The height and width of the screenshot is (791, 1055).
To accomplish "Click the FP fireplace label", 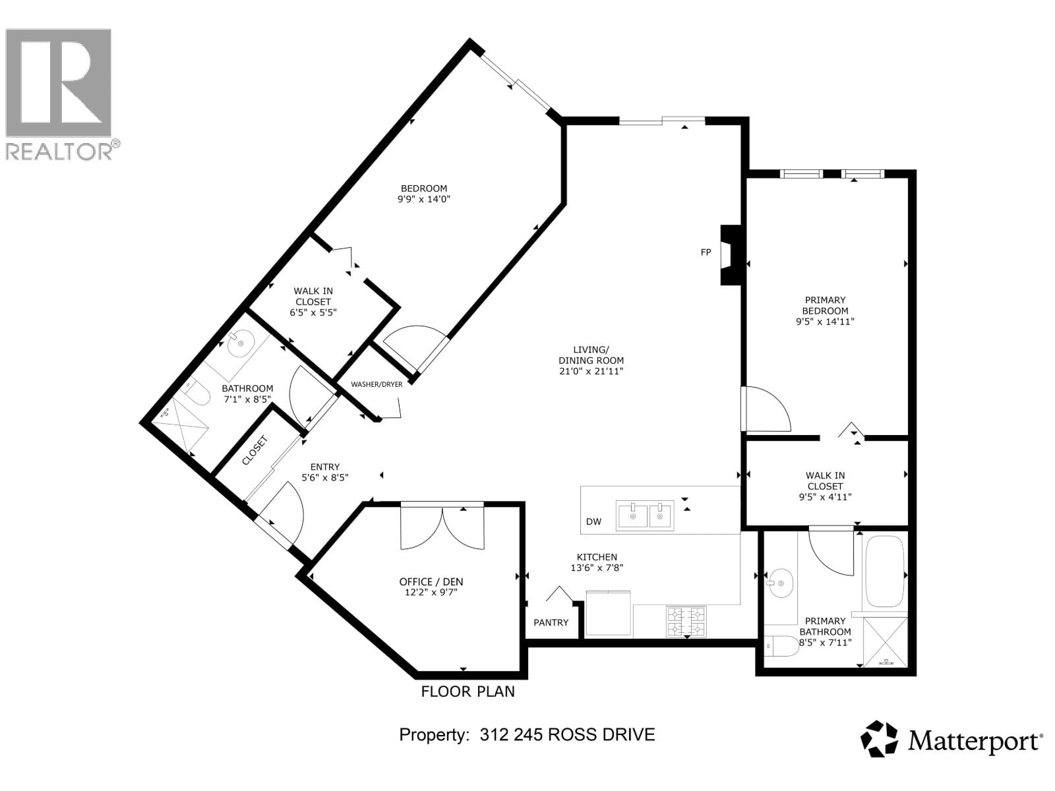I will point(706,252).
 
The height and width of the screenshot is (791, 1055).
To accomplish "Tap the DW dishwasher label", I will point(593,522).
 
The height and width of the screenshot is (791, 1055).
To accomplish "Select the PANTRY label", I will point(551,623).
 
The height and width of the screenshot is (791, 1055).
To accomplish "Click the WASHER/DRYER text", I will point(377,384).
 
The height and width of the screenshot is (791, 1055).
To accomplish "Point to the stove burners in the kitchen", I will point(686,622).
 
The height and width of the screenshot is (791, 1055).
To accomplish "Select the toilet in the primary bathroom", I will point(781,645).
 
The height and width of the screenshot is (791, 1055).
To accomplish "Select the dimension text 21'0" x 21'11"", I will point(591,372).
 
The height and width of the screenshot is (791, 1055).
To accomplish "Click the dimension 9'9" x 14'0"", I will point(423,199).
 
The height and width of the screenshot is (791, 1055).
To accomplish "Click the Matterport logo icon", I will point(880,739).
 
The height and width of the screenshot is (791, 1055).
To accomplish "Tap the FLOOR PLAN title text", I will point(468,691).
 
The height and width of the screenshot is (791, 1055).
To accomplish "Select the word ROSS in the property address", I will point(572,735).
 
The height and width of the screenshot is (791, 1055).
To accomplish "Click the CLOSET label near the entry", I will point(255,451).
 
